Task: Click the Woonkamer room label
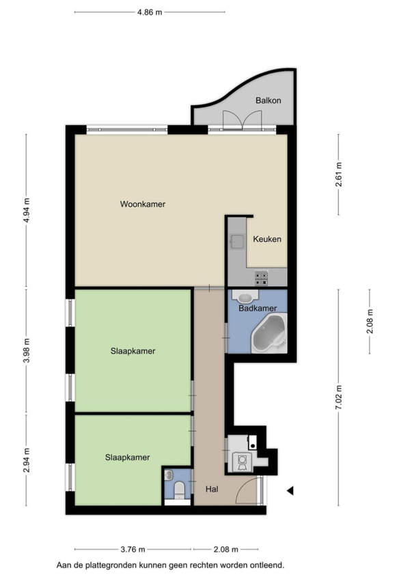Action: coord(143,204)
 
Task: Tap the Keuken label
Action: coord(267,239)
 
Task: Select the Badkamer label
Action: coord(258,309)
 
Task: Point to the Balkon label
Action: coord(268,100)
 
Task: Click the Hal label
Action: coord(212,489)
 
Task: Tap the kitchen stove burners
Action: coord(262,278)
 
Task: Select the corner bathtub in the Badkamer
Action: coord(269,333)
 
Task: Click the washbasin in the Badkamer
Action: coord(245,296)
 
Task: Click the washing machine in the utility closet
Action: coord(242,462)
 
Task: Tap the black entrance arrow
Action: coord(290,490)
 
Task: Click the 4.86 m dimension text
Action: coord(150,12)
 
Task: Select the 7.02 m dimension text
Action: coord(338,397)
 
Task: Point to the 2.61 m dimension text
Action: coord(338,174)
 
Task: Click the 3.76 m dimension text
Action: coord(133,550)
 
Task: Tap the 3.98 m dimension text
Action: coord(26,350)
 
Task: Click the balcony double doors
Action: coord(242,119)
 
